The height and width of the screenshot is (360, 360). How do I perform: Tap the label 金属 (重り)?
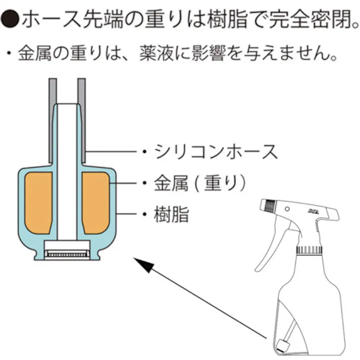199,183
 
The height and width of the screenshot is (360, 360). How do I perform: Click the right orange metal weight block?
96,199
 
